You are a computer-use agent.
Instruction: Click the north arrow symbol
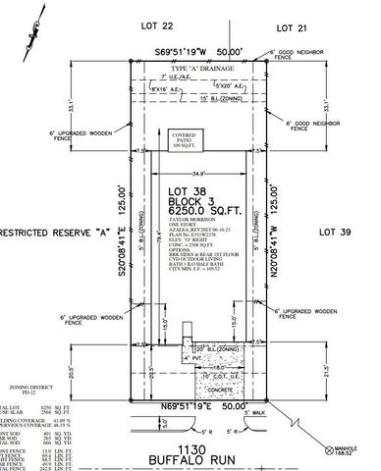click(36, 22)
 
